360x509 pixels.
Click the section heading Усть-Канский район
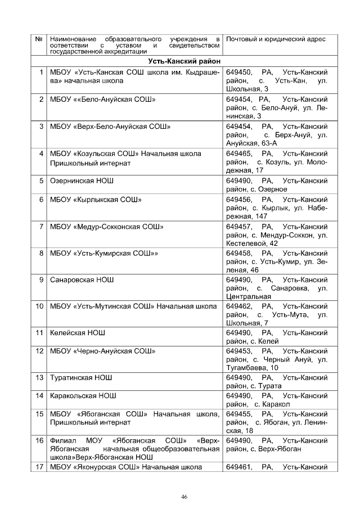pos(184,61)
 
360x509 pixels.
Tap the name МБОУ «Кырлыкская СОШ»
pos(96,200)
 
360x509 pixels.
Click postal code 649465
pos(238,154)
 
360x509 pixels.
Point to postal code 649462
pos(238,307)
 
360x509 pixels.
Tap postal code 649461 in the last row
pos(238,467)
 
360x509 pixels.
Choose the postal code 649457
pos(238,227)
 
